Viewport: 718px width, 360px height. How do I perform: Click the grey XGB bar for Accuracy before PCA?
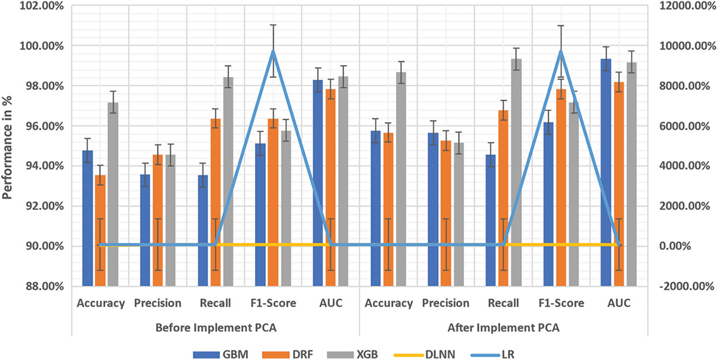pyautogui.click(x=113, y=191)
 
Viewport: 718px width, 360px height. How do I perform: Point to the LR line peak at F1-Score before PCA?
pyautogui.click(x=273, y=51)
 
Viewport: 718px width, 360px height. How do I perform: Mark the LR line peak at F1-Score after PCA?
pyautogui.click(x=561, y=51)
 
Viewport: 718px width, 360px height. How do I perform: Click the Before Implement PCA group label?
pyautogui.click(x=216, y=329)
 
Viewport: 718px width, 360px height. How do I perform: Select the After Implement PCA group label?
pyautogui.click(x=503, y=329)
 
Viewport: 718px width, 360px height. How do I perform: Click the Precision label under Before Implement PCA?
pyautogui.click(x=157, y=303)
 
